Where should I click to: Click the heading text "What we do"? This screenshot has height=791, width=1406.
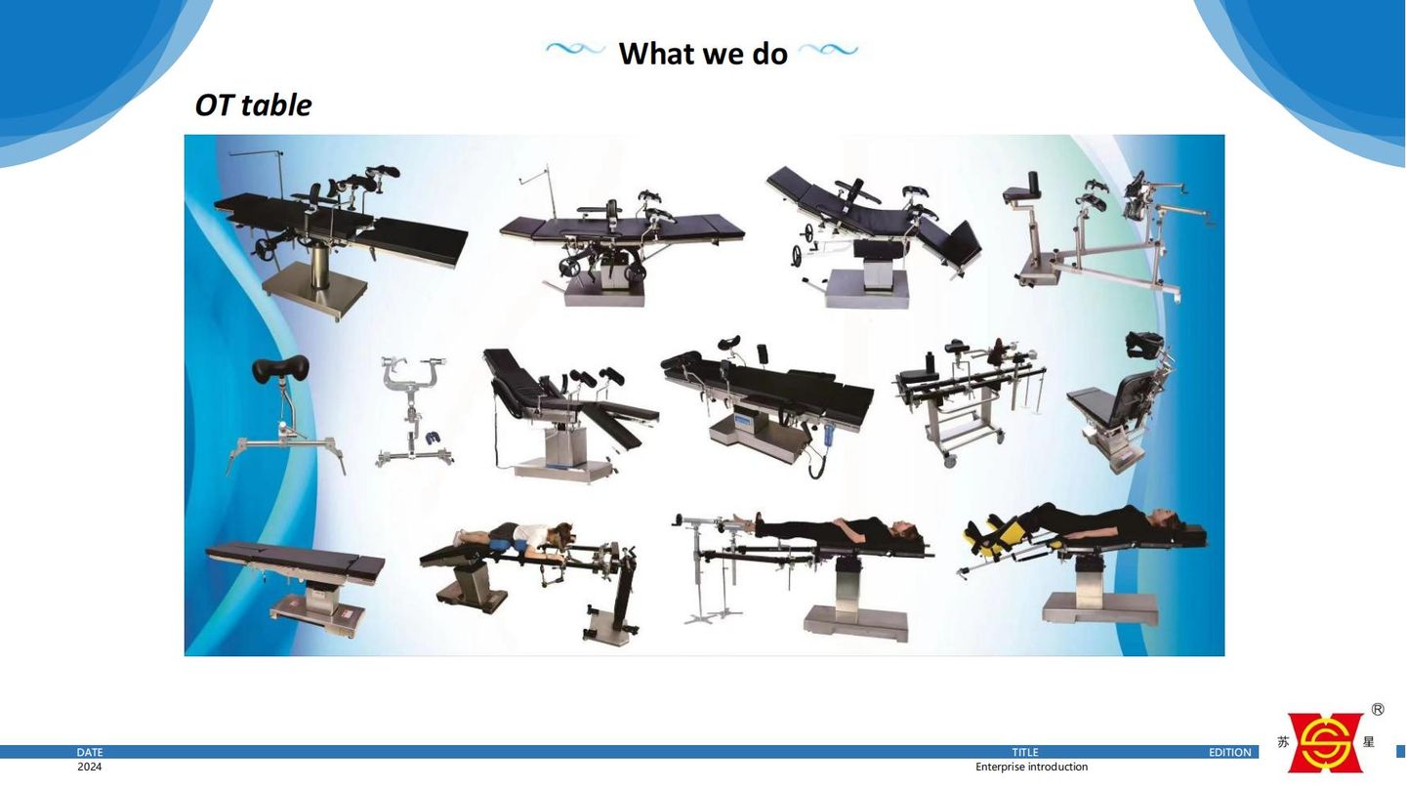pyautogui.click(x=703, y=54)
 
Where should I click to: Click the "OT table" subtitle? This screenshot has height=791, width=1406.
pyautogui.click(x=253, y=104)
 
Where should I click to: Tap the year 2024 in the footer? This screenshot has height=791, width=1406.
pyautogui.click(x=89, y=767)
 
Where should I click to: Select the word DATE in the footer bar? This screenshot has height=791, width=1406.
pyautogui.click(x=90, y=752)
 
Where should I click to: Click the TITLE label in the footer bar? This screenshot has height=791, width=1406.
pyautogui.click(x=1025, y=752)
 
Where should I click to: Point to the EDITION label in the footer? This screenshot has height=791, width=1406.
pyautogui.click(x=1229, y=752)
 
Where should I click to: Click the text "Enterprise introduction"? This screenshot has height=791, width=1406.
pyautogui.click(x=1031, y=767)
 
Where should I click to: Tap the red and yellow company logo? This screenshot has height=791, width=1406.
pyautogui.click(x=1325, y=742)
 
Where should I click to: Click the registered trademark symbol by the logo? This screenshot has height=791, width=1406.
pyautogui.click(x=1377, y=709)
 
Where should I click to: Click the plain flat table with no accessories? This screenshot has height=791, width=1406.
pyautogui.click(x=295, y=587)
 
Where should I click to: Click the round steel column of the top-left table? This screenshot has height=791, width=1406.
pyautogui.click(x=320, y=267)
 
